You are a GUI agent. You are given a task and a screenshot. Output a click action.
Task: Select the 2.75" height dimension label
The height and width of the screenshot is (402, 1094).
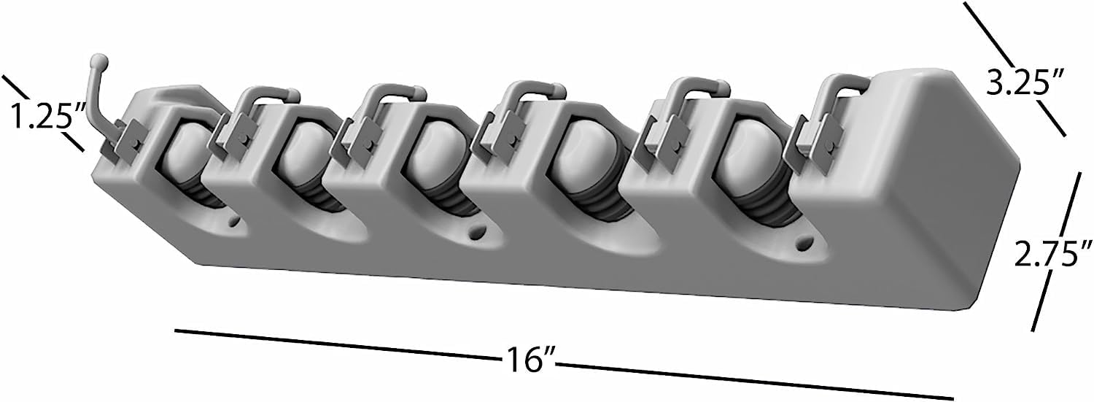pos(1052,253)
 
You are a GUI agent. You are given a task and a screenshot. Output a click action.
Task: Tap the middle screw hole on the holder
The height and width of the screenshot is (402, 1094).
pos(474,233)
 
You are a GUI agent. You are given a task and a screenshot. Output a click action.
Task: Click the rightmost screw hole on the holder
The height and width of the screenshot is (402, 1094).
pos(804,243)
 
